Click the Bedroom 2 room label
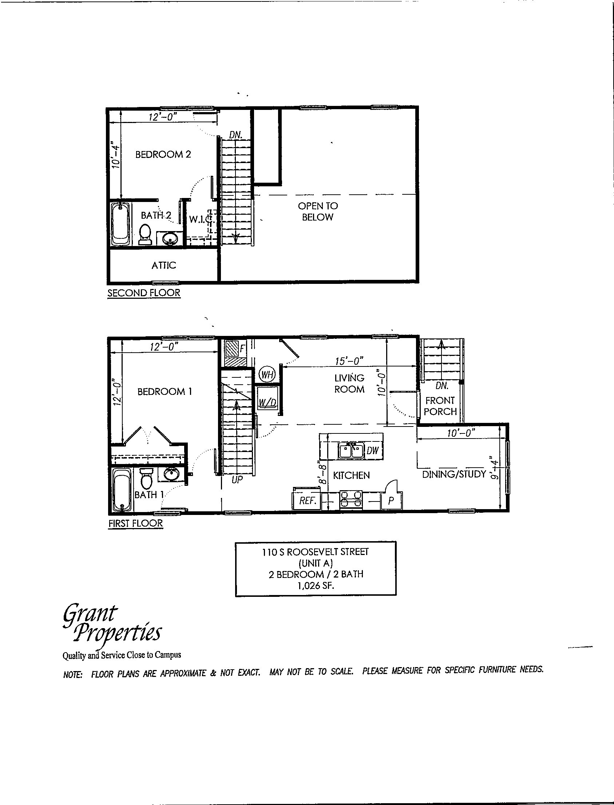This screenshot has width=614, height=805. (163, 155)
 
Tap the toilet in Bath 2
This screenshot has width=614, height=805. (145, 234)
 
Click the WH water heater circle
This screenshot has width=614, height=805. (267, 374)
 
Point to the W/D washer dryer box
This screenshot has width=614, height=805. (267, 401)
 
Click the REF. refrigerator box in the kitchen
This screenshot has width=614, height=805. (307, 500)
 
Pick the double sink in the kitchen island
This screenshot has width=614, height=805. (350, 450)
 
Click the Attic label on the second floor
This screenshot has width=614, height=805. (164, 265)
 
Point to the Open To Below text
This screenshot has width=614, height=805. (318, 211)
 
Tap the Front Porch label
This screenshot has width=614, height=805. (440, 406)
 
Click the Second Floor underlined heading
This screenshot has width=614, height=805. (144, 293)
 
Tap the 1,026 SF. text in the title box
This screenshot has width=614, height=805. (316, 586)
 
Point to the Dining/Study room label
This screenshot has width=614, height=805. (454, 474)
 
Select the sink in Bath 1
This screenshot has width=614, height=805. (170, 475)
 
